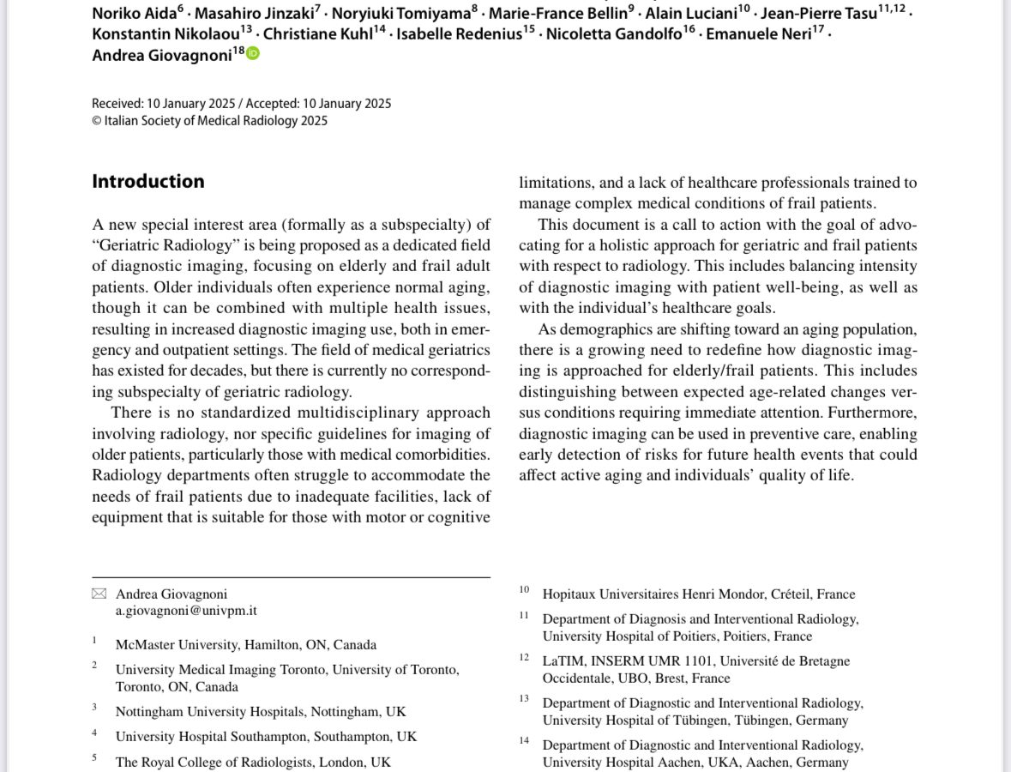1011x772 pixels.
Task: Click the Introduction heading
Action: point(147,181)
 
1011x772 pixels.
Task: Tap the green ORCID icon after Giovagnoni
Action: point(253,54)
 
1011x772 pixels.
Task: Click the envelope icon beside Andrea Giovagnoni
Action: point(99,594)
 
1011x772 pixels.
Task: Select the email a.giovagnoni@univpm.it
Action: point(186,611)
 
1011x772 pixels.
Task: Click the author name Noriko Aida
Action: point(134,14)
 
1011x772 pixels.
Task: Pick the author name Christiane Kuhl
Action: point(317,34)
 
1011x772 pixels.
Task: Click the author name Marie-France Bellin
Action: point(557,14)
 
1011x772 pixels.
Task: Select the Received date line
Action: point(241,103)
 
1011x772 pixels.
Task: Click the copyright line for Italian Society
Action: point(209,121)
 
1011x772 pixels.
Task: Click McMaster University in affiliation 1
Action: point(176,644)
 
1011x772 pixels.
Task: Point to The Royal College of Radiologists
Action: point(253,762)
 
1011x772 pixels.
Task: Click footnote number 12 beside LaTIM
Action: point(524,658)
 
